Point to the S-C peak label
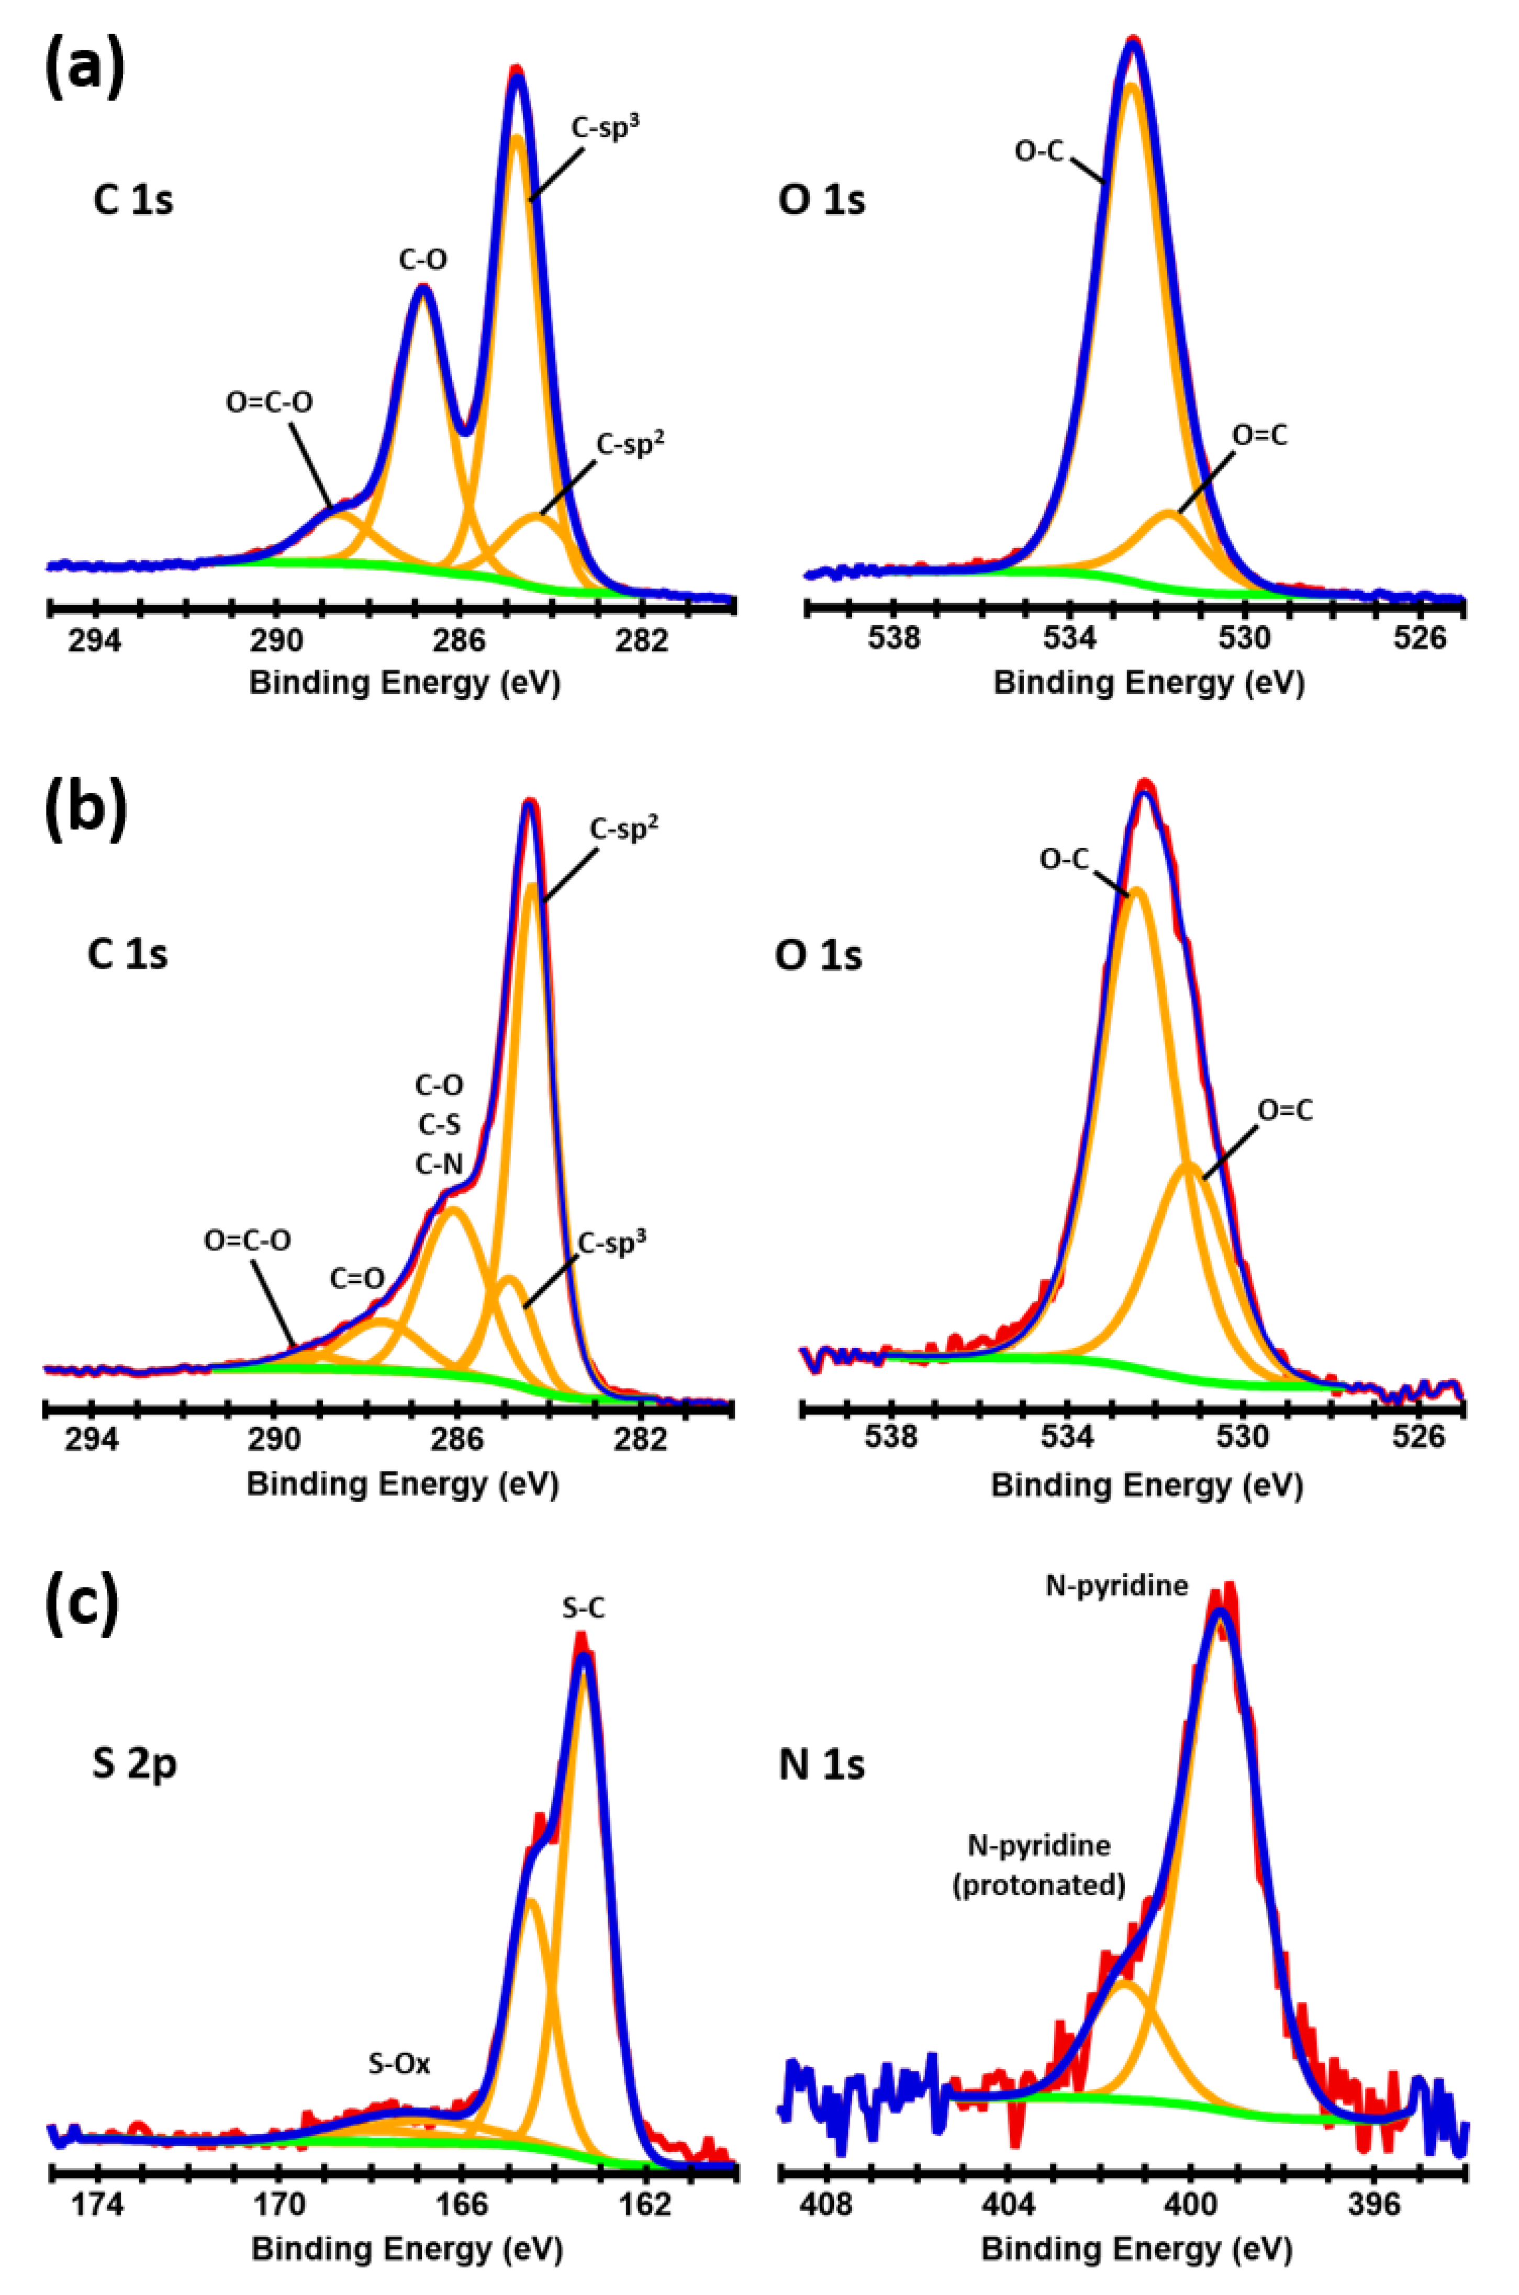pos(584,1609)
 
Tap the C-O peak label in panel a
pos(423,260)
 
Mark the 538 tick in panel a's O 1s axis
pos(893,640)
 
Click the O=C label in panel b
pos(1285,1111)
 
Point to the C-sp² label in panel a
pos(630,444)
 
